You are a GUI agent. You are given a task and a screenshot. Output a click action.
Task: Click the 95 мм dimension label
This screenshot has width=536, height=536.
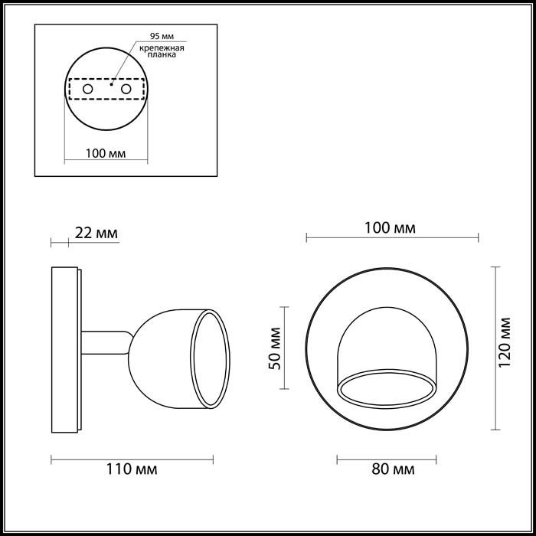(162, 36)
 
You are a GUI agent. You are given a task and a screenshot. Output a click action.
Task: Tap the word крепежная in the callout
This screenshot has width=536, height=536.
(162, 47)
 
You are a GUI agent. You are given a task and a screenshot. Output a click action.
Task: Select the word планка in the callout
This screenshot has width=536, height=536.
(162, 54)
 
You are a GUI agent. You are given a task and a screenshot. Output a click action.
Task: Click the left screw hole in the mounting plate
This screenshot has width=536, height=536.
(87, 90)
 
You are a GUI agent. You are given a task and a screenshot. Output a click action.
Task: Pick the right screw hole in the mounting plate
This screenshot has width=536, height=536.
(126, 90)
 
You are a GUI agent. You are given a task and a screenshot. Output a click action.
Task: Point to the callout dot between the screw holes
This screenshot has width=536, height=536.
(111, 84)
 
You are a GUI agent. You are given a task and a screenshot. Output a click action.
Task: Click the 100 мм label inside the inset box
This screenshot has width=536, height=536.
(106, 153)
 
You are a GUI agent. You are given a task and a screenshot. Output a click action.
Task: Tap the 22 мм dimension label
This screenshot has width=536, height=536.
(96, 233)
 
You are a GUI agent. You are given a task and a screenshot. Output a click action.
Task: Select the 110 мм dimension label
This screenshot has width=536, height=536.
(132, 469)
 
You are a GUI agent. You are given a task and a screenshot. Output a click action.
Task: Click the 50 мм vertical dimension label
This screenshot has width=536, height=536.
(275, 348)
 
